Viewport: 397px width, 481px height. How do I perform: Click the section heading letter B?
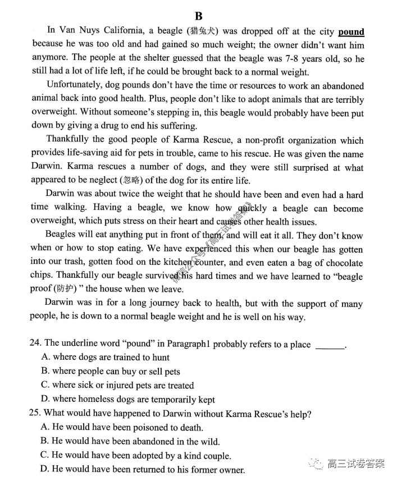(198, 16)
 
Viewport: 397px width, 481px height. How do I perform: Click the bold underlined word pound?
(351, 32)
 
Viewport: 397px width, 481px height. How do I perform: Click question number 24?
(35, 343)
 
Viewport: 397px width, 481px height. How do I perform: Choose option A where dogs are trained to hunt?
(106, 358)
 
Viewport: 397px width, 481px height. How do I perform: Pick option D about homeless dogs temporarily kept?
(128, 400)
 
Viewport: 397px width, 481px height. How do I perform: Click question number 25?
(35, 414)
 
